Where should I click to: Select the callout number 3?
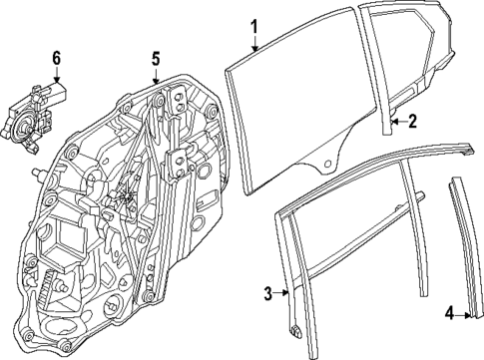[x=267, y=292]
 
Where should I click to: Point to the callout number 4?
[x=449, y=315]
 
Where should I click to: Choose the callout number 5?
[x=156, y=57]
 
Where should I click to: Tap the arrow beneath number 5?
[x=156, y=76]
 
